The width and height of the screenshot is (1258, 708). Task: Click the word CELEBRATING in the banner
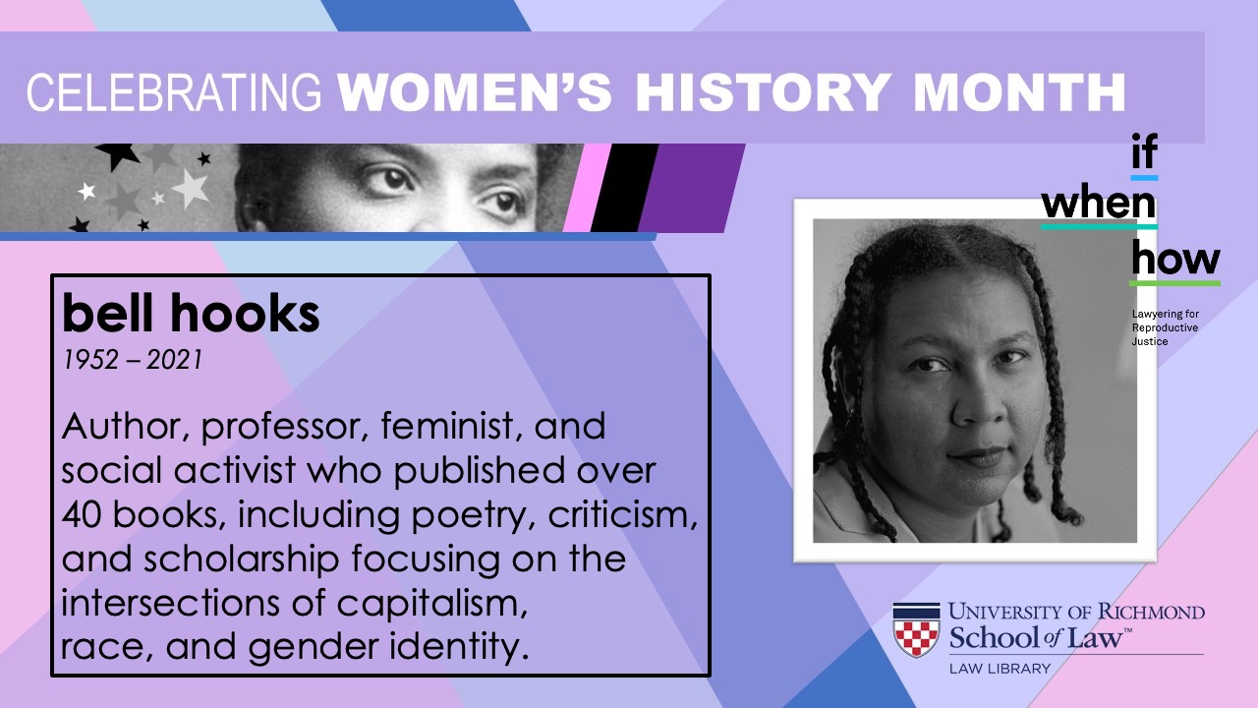tap(174, 93)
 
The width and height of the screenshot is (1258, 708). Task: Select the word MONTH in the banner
tap(1020, 92)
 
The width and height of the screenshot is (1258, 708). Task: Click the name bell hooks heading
tap(191, 313)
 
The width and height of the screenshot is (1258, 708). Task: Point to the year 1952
tap(90, 360)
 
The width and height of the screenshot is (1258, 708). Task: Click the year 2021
tap(174, 360)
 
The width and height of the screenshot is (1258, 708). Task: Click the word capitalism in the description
tap(431, 603)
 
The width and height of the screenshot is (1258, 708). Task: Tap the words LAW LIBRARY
tap(1000, 669)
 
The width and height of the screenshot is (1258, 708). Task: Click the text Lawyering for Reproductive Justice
tap(1165, 327)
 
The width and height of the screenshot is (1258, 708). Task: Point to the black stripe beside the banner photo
tap(624, 188)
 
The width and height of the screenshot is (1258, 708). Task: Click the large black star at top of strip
tap(117, 155)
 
